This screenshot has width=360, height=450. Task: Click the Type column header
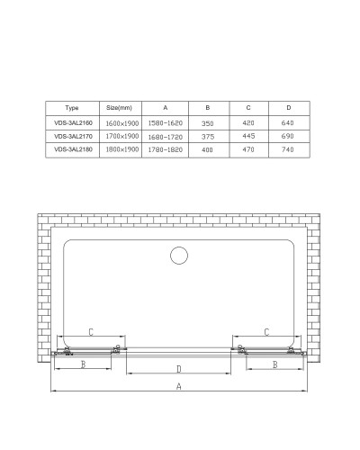73,106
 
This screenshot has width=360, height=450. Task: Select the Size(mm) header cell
119,106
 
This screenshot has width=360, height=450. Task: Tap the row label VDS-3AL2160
73,121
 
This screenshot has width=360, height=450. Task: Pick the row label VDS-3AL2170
73,136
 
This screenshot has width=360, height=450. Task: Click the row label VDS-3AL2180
73,150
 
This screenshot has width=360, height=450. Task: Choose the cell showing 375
209,136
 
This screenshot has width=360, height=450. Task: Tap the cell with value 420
248,121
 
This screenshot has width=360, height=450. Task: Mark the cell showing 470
248,150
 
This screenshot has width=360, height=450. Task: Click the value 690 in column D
289,136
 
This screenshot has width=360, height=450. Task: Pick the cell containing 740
289,150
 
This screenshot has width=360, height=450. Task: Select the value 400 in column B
209,150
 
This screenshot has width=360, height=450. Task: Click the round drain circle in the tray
180,256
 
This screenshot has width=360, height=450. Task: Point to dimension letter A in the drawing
179,387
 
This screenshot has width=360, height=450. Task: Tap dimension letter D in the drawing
179,369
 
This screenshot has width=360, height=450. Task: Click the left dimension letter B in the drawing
83,364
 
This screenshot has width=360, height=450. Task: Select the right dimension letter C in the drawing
267,333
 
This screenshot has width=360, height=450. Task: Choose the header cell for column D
289,106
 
